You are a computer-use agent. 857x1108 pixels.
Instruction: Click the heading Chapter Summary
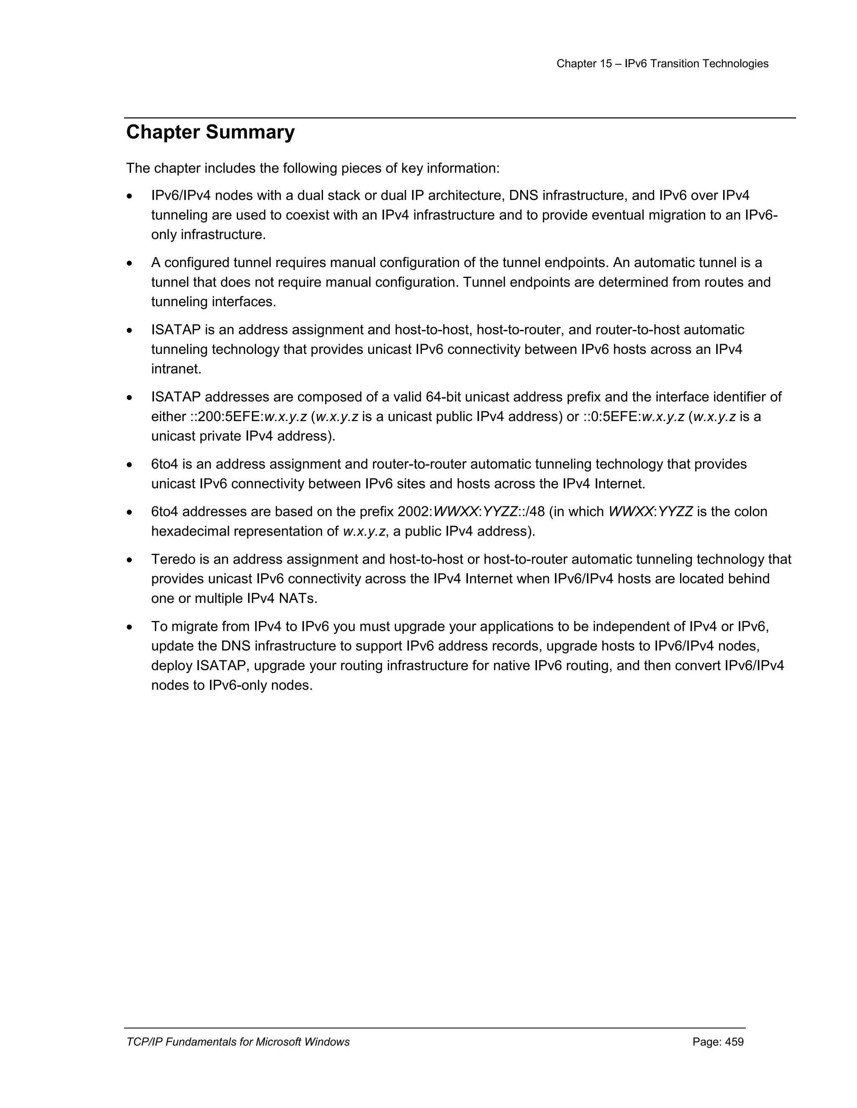[x=210, y=133]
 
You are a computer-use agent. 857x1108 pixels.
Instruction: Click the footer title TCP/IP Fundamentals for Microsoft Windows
[x=238, y=1042]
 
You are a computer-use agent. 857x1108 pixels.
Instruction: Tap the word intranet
[x=176, y=369]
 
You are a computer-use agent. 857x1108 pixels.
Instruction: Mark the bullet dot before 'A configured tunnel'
[x=131, y=264]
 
